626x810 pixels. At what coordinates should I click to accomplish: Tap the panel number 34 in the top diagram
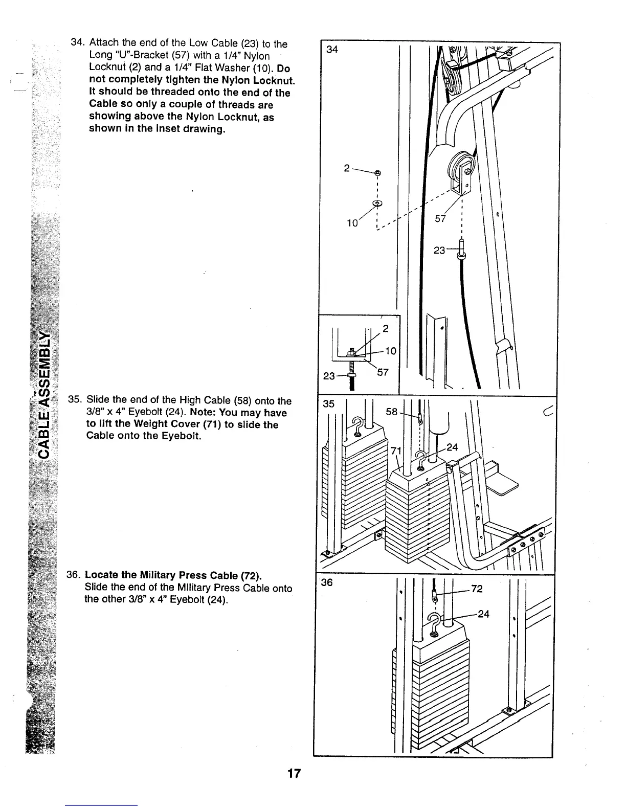pyautogui.click(x=332, y=50)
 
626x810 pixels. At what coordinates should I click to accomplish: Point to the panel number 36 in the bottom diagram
pyautogui.click(x=327, y=582)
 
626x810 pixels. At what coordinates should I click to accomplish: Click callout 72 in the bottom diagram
pyautogui.click(x=477, y=589)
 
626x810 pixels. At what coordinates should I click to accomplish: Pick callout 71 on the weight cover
pyautogui.click(x=395, y=451)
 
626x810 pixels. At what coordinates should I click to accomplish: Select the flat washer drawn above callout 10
pyautogui.click(x=377, y=204)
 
